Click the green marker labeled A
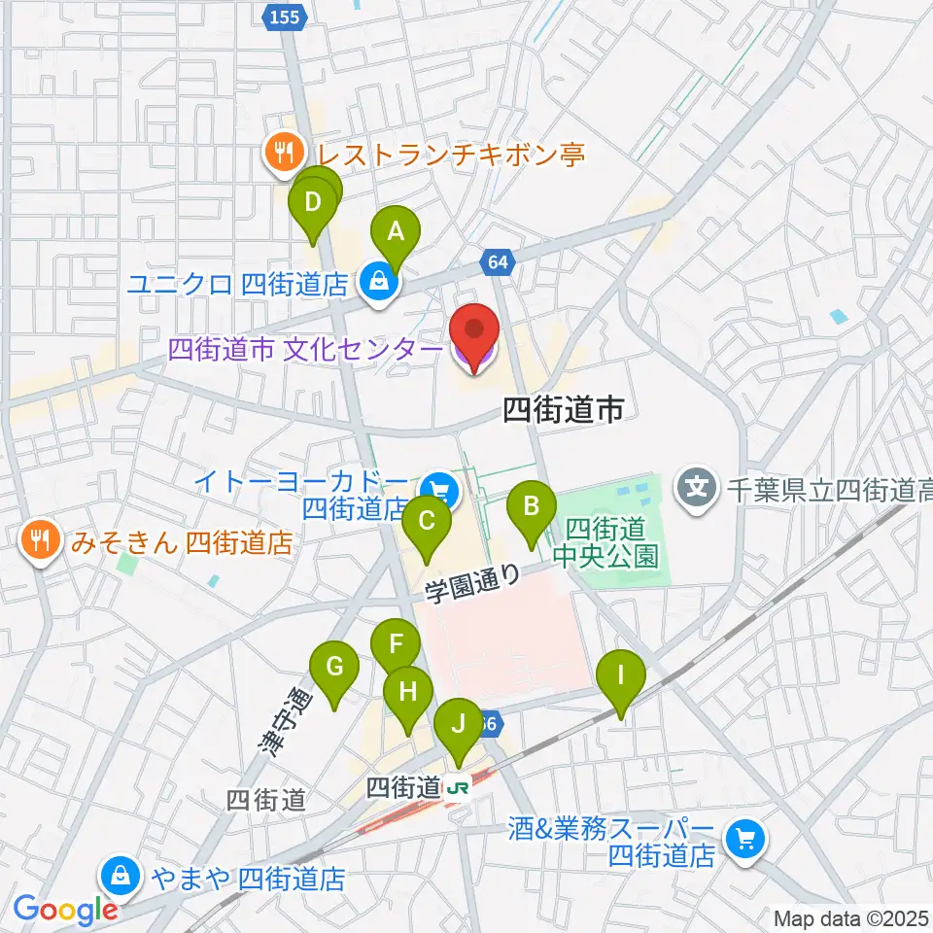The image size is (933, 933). [x=396, y=231]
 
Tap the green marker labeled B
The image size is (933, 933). [x=532, y=505]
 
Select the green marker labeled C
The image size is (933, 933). [x=427, y=520]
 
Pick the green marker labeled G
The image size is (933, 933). [x=334, y=667]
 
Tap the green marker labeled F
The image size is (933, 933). [x=396, y=643]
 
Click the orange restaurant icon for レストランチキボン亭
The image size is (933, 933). [x=284, y=151]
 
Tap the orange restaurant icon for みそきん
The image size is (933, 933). [x=39, y=541]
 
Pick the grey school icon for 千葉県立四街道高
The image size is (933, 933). [x=698, y=482]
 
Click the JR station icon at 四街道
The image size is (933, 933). [x=455, y=788]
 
